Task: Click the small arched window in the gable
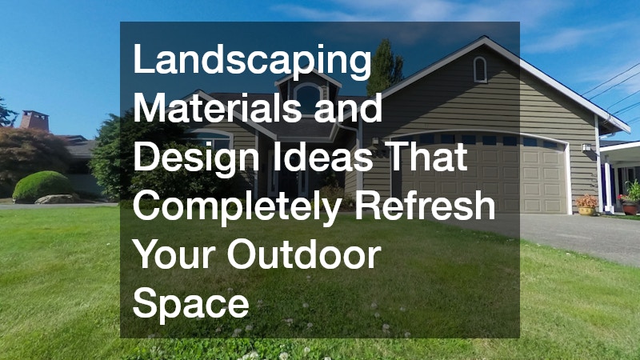click(480, 70)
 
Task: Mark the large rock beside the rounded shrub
click(57, 198)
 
